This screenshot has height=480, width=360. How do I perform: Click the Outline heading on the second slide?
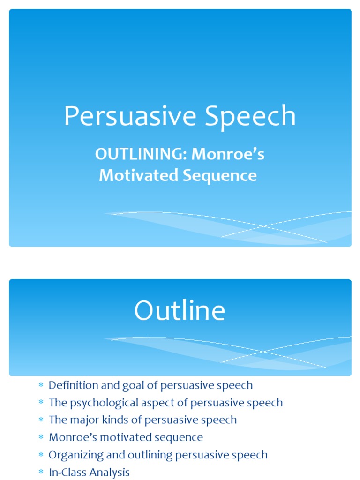180,311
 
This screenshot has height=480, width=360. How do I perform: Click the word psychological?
100,403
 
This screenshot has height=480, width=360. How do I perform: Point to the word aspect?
158,403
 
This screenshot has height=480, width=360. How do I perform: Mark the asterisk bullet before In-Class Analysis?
41,472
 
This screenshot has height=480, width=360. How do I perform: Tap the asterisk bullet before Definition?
41,385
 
